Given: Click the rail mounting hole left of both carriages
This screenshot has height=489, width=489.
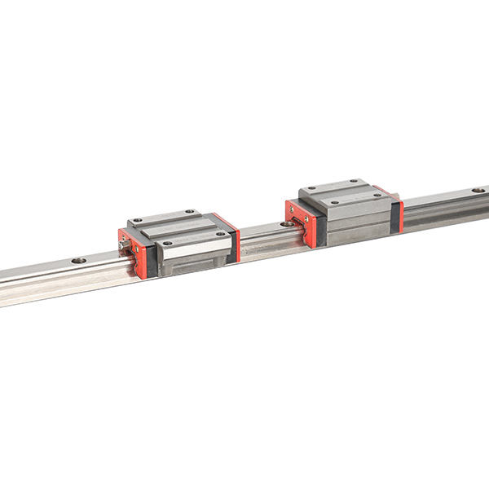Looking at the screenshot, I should pyautogui.click(x=78, y=261).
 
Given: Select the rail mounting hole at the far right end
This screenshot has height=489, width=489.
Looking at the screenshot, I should pyautogui.click(x=478, y=190).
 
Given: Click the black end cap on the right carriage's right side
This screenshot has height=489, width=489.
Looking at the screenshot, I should pyautogui.click(x=394, y=216).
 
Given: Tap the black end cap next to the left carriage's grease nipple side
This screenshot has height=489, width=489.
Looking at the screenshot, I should pyautogui.click(x=150, y=259).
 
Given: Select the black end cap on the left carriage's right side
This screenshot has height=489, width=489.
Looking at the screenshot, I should pyautogui.click(x=231, y=243).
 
